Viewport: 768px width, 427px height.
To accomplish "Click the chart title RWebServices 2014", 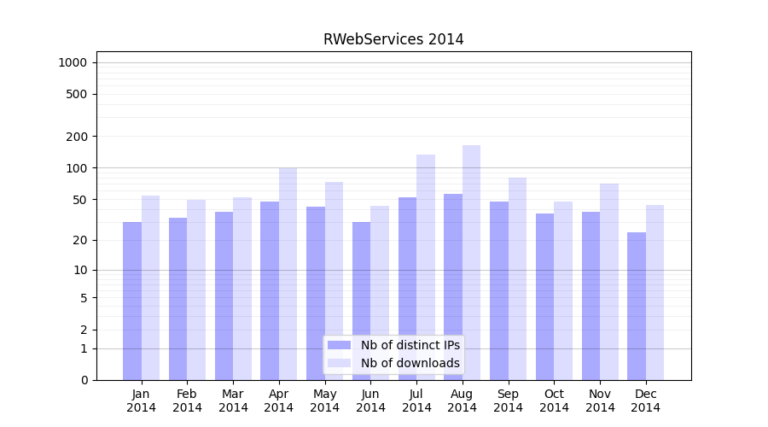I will [x=393, y=39].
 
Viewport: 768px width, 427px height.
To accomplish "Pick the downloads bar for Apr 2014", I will [x=288, y=273].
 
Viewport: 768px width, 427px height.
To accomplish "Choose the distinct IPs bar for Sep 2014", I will [x=499, y=290].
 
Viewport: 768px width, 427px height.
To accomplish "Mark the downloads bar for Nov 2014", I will [x=609, y=282].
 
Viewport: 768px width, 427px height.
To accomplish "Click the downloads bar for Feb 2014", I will [x=196, y=290].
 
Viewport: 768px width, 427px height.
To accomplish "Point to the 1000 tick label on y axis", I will [x=73, y=62].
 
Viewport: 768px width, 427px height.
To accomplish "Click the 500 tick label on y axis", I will [x=77, y=94].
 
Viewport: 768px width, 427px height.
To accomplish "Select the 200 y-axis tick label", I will [x=77, y=137].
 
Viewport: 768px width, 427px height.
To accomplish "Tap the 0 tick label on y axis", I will [x=84, y=380].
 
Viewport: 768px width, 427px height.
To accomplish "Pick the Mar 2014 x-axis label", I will [x=233, y=401].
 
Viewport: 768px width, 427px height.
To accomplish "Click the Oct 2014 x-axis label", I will [x=554, y=401].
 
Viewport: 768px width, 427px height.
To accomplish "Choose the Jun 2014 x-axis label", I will [x=370, y=401].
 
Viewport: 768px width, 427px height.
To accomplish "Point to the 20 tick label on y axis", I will [x=80, y=240].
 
